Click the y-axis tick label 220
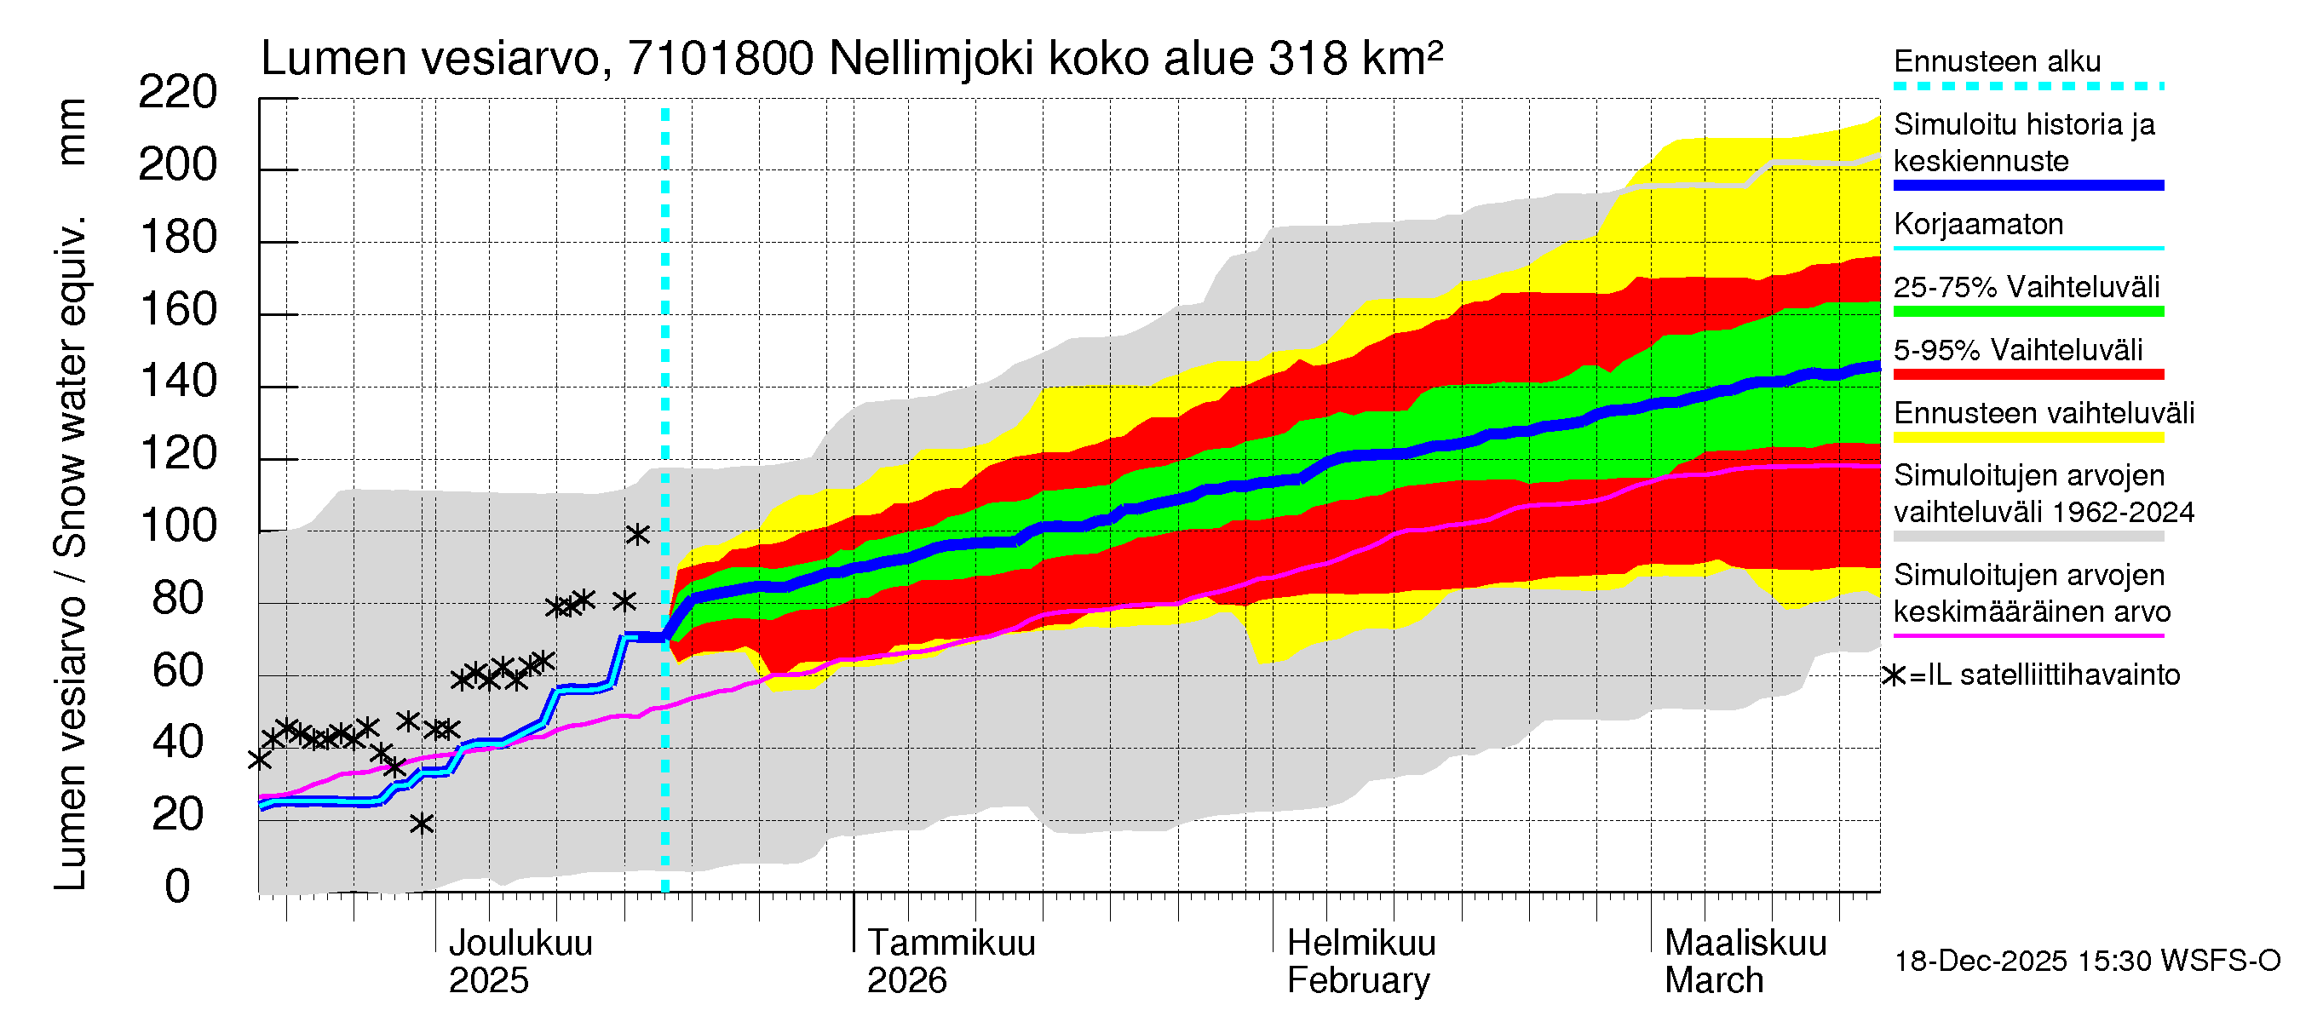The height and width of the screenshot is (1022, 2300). click(177, 93)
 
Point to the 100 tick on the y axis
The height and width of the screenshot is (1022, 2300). click(177, 525)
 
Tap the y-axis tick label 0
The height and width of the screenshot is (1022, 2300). click(177, 887)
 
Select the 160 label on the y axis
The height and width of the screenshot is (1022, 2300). click(177, 310)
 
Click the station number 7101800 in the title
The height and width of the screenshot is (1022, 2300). click(720, 59)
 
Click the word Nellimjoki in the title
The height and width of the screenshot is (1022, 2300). click(931, 59)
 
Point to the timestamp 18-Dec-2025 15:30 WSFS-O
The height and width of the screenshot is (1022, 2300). click(2086, 962)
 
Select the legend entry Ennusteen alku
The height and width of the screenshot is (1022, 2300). click(1997, 61)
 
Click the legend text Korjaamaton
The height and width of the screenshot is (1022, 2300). click(1978, 224)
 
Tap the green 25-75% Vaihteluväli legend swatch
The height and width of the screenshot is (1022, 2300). click(2027, 312)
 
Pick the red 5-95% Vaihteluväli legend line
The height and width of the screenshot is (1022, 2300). click(2027, 375)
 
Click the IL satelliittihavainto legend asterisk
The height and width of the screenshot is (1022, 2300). click(1893, 675)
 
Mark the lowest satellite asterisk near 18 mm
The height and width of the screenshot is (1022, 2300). click(422, 823)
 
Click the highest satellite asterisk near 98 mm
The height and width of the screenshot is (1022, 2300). click(636, 535)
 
